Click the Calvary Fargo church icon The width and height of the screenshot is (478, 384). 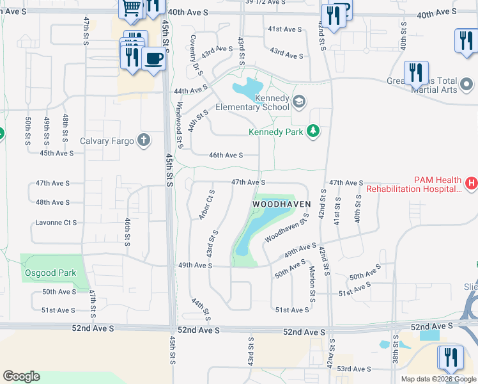coord(144,140)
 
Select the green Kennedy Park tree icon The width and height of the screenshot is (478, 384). coord(312,132)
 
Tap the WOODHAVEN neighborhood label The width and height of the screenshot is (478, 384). coord(281,204)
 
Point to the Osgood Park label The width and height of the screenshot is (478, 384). coord(50,273)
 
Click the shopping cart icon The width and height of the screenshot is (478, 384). coord(131,8)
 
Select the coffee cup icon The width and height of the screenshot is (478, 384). coord(153,60)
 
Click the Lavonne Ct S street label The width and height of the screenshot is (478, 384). coord(56,223)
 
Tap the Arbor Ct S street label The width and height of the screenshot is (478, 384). coord(205,205)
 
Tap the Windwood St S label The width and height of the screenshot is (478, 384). coord(180,125)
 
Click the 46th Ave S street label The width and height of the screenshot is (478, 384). coord(226,156)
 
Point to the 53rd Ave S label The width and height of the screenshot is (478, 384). coord(354,369)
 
